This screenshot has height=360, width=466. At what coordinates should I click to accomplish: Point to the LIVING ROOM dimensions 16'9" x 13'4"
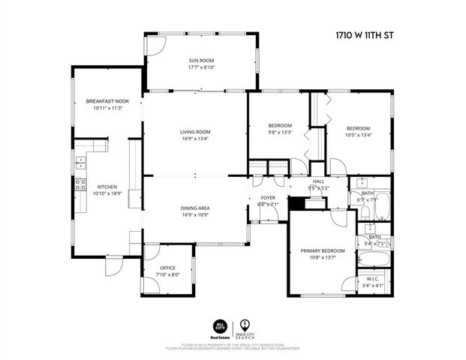click(x=194, y=139)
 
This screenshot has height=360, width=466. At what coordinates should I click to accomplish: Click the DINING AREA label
click(x=194, y=208)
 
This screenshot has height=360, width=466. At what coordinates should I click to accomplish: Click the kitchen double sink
click(x=80, y=160)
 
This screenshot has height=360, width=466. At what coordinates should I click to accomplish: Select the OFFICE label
click(x=168, y=268)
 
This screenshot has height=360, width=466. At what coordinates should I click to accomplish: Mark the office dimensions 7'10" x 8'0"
click(x=168, y=274)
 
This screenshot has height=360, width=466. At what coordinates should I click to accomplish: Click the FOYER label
click(x=267, y=197)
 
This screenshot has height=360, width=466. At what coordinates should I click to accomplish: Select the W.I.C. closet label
click(x=372, y=278)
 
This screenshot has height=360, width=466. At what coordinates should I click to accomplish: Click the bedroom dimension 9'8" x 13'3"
click(x=280, y=132)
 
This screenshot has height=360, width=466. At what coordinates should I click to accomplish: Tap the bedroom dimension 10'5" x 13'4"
click(x=358, y=135)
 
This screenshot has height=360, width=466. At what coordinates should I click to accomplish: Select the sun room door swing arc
click(x=154, y=46)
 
